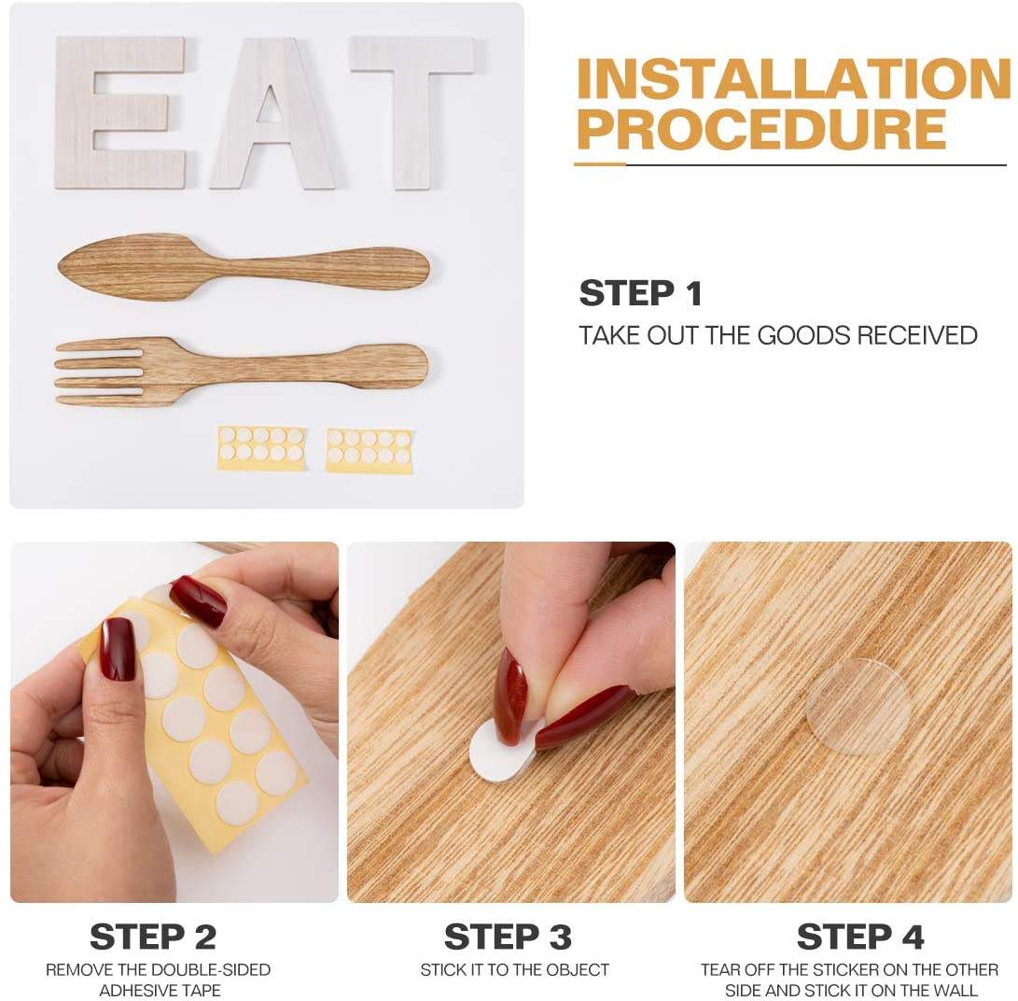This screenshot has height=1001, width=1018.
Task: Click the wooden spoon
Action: tap(244, 267)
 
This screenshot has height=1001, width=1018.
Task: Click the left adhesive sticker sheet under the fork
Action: tap(261, 447)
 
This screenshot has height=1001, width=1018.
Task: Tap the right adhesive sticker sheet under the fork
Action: tap(369, 449)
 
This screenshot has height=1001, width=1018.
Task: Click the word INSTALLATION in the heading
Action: tap(793, 79)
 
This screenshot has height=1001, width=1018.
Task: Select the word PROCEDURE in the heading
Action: tap(760, 129)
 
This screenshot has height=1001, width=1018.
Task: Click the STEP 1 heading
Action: tap(641, 293)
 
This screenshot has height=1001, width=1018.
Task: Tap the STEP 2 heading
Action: tap(153, 937)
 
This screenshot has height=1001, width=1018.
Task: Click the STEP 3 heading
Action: tap(508, 937)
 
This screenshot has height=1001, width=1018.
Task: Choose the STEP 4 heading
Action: tap(860, 937)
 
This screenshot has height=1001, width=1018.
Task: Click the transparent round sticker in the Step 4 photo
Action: tap(858, 705)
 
